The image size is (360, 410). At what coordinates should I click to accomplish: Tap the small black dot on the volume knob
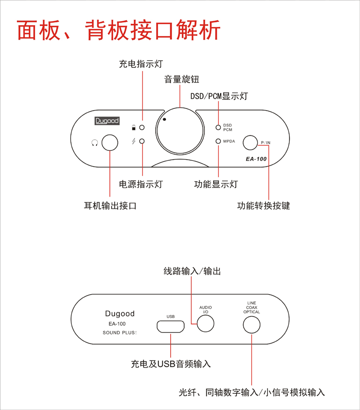(x=165, y=120)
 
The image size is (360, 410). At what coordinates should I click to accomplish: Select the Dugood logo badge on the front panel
(x=107, y=121)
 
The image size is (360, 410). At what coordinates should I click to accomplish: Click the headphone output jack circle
(x=110, y=142)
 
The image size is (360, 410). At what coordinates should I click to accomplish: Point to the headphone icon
(x=95, y=143)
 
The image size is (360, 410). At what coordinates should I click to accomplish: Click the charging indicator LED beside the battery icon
(x=142, y=127)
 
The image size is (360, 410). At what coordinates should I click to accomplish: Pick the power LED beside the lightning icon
(x=142, y=141)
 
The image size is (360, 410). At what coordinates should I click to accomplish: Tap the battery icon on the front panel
(x=134, y=127)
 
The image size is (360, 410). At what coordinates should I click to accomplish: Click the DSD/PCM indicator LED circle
(x=218, y=127)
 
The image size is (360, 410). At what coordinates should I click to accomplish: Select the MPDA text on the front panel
(x=229, y=141)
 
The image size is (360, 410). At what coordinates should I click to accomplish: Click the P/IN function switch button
(x=250, y=143)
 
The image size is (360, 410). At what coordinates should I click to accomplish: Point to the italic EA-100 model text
(x=256, y=159)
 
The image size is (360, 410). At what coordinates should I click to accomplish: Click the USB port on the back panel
(x=171, y=326)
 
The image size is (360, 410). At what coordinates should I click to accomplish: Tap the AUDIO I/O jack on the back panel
(x=206, y=324)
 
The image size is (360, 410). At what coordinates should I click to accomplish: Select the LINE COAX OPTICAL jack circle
(x=252, y=325)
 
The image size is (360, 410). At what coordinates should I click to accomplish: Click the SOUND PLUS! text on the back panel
(x=120, y=332)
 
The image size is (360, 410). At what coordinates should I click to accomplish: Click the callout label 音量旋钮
(x=182, y=79)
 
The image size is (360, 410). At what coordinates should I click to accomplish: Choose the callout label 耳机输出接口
(x=110, y=206)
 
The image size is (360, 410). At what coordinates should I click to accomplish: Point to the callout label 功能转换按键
(x=264, y=206)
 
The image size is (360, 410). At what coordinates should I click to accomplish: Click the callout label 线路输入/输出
(x=193, y=271)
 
